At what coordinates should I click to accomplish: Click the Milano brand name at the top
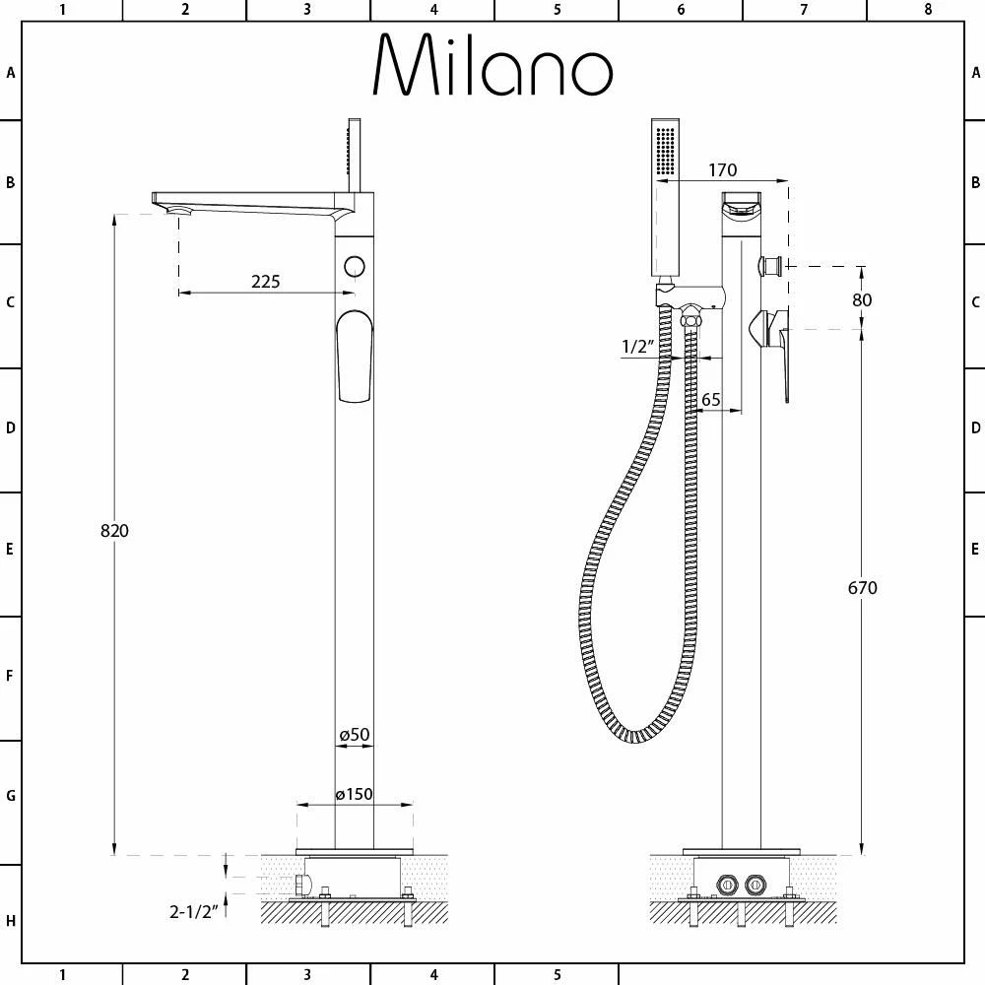(x=492, y=66)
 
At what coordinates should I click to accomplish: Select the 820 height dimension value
(x=115, y=531)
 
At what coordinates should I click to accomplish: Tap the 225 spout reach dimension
(x=265, y=282)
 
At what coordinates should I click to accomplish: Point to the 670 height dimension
(x=862, y=588)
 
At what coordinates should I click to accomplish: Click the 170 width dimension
(x=721, y=170)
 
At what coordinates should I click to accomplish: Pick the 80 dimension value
(x=861, y=299)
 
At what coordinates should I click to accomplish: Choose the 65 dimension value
(x=710, y=400)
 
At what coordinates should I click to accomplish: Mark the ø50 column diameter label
(x=354, y=735)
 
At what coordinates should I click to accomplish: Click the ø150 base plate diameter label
(x=354, y=795)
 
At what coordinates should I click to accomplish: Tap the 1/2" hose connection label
(x=638, y=346)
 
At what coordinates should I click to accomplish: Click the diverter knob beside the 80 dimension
(x=770, y=265)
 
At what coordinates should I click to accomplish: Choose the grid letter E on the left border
(x=11, y=550)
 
